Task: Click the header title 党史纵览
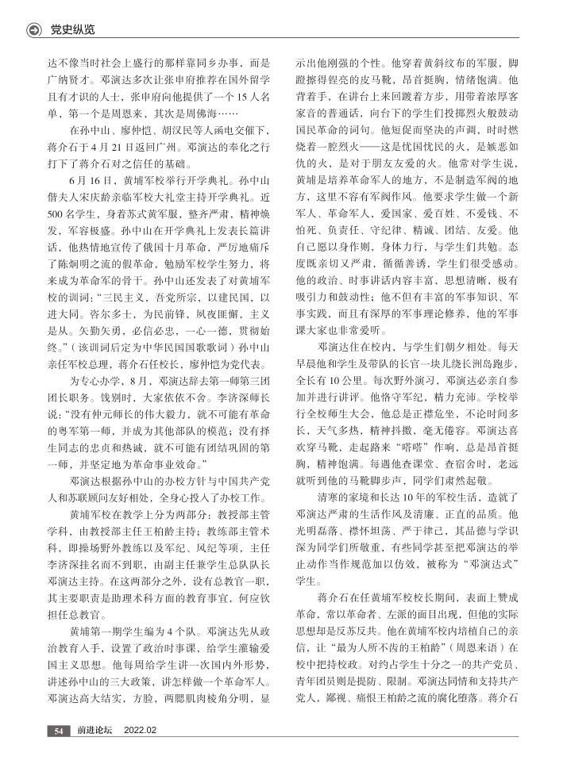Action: (x=72, y=29)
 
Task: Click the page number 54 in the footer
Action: (x=59, y=731)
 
